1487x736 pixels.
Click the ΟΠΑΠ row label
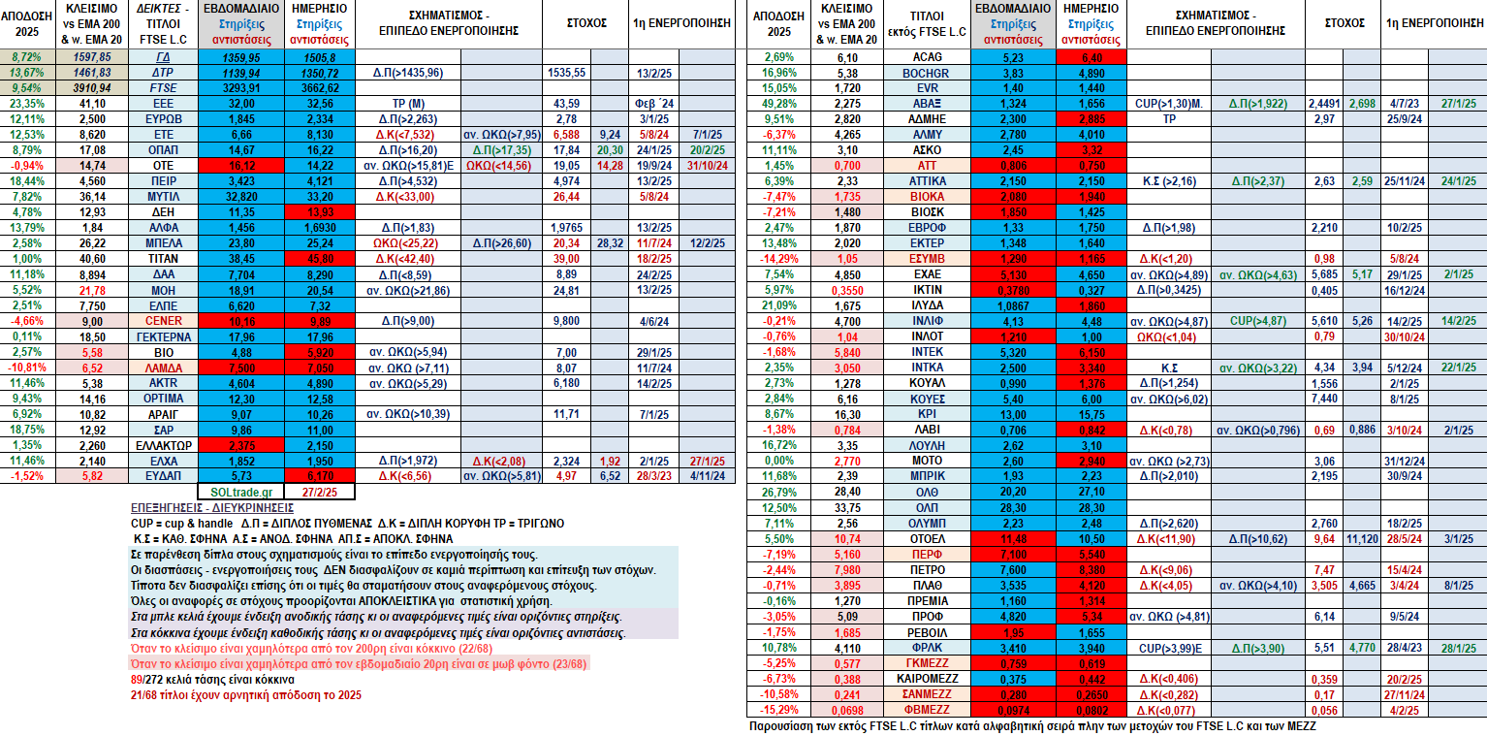pyautogui.click(x=163, y=150)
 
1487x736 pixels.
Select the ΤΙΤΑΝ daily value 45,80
pyautogui.click(x=320, y=259)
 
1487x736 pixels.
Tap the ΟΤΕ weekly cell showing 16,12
pyautogui.click(x=241, y=166)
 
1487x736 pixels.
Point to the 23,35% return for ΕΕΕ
pyautogui.click(x=26, y=104)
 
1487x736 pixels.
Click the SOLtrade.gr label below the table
pyautogui.click(x=241, y=493)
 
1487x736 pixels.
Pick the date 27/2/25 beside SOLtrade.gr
pyautogui.click(x=319, y=493)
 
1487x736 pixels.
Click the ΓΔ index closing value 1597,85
pyautogui.click(x=92, y=57)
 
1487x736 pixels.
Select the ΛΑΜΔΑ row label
pyautogui.click(x=163, y=368)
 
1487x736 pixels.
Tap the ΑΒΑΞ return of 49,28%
pyautogui.click(x=778, y=104)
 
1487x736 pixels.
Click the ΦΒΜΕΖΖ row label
pyautogui.click(x=927, y=710)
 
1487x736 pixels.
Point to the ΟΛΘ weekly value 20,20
pyautogui.click(x=1013, y=493)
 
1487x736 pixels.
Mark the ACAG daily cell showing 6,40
pyautogui.click(x=1092, y=58)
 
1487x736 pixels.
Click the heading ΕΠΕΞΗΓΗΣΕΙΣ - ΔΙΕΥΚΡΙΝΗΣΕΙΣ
pyautogui.click(x=211, y=508)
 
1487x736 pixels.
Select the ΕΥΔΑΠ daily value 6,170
pyautogui.click(x=320, y=476)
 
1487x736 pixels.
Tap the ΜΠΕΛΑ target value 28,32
pyautogui.click(x=610, y=243)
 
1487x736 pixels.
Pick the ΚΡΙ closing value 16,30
pyautogui.click(x=848, y=414)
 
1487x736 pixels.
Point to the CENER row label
pyautogui.click(x=163, y=321)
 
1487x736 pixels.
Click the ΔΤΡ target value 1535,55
pyautogui.click(x=566, y=73)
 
